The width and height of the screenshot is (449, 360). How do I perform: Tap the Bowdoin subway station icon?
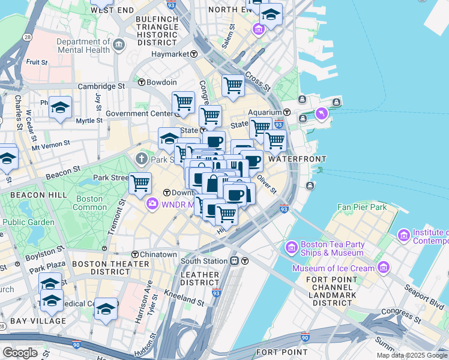pos(142,82)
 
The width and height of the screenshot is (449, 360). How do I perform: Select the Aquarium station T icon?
pos(287,112)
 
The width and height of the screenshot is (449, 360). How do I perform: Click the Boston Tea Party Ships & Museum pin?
pos(292,247)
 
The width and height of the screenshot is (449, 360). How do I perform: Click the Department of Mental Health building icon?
pos(119,44)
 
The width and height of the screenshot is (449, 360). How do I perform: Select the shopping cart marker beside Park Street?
pos(140,182)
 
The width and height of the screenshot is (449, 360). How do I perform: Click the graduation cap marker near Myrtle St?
pos(60,107)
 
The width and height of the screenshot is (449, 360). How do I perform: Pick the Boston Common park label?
pos(89,203)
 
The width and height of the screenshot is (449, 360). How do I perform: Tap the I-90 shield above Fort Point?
pos(306,337)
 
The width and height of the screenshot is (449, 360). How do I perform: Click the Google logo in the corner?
pos(20,353)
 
